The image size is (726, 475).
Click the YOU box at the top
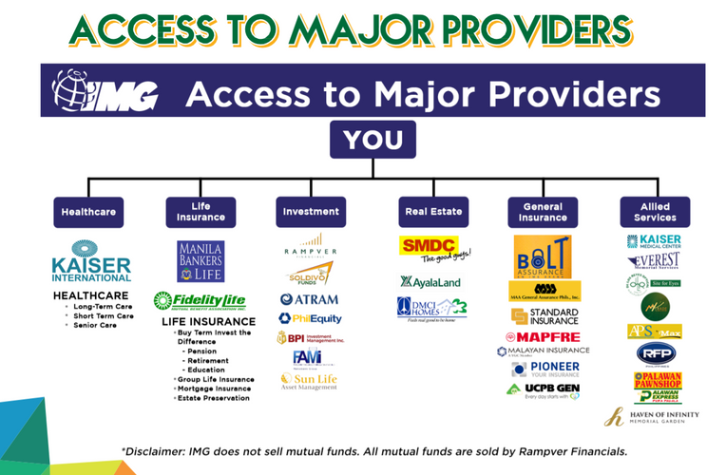click(373, 141)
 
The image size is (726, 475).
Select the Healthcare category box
click(88, 211)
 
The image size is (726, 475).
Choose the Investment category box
click(311, 211)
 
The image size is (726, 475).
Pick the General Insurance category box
click(543, 211)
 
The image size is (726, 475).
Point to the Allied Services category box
click(654, 211)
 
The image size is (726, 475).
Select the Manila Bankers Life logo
click(200, 261)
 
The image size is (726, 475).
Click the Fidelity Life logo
click(200, 300)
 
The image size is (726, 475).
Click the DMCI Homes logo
click(431, 308)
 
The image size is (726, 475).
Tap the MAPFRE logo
click(543, 336)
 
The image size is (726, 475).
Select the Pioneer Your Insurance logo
click(543, 369)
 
